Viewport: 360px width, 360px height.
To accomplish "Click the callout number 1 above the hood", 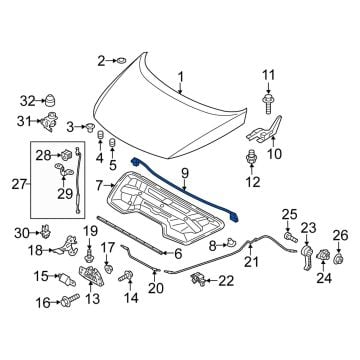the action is point(180,78).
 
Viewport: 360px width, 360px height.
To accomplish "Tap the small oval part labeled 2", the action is point(120,61).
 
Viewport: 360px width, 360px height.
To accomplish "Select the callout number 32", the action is point(27,100).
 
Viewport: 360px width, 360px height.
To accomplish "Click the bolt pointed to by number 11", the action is point(268,104).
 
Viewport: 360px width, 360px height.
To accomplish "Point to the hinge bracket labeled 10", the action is point(265,132).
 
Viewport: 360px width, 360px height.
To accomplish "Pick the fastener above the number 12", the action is point(251,157).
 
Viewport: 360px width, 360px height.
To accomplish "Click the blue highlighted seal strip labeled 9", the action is point(184,190).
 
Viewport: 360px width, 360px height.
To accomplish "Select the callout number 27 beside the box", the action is point(19,184).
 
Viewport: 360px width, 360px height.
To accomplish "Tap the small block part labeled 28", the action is point(66,155).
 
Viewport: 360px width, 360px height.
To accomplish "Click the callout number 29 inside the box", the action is point(65,193).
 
